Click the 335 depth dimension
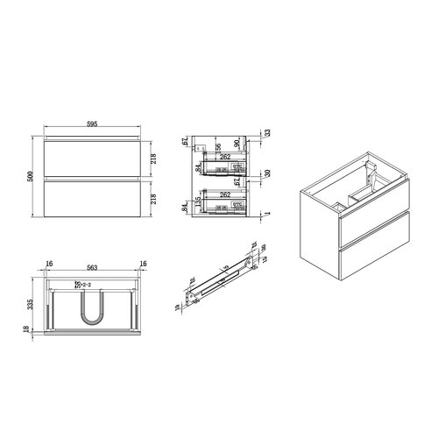pyautogui.click(x=30, y=302)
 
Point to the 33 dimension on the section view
pyautogui.click(x=267, y=133)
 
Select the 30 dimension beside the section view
pyautogui.click(x=267, y=174)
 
